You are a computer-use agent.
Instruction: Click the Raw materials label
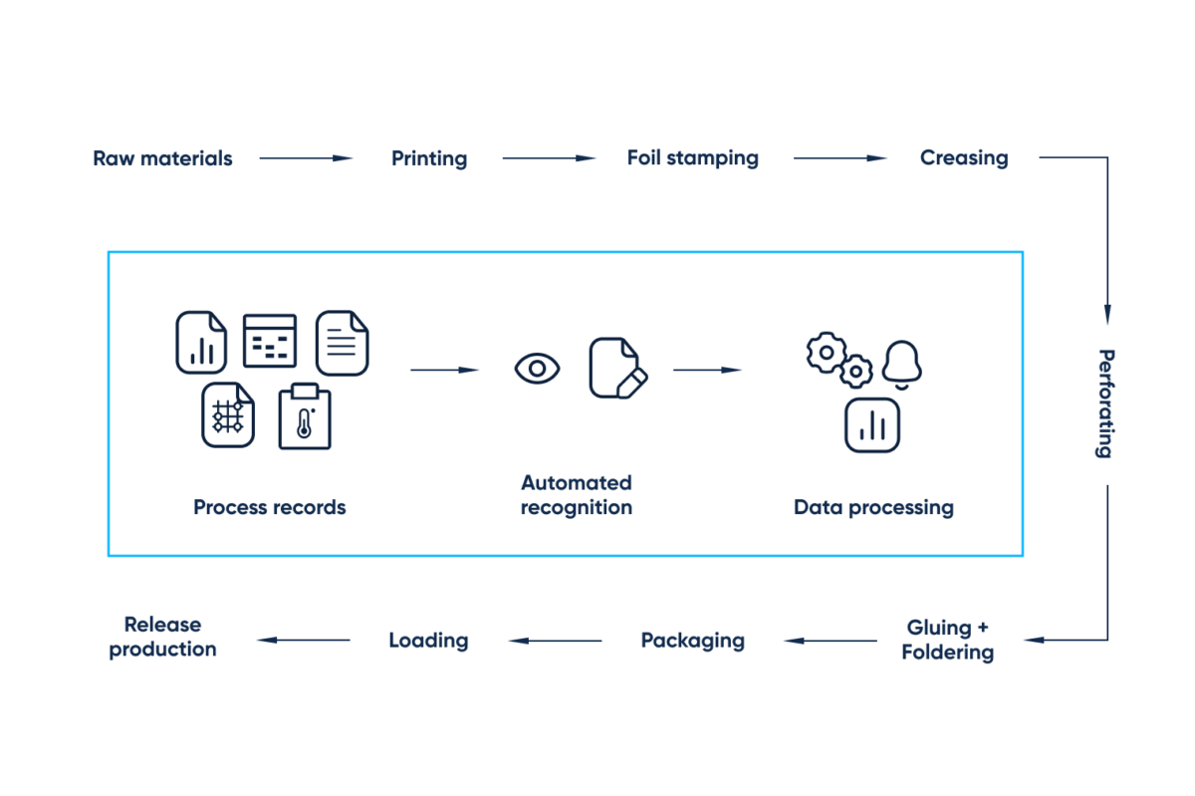[x=162, y=158]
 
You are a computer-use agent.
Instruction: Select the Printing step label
[x=429, y=158]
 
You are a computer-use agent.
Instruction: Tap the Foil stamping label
[x=692, y=157]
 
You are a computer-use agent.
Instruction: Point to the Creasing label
[x=963, y=157]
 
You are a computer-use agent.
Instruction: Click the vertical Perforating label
[x=1105, y=402]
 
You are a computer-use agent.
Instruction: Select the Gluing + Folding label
[x=947, y=640]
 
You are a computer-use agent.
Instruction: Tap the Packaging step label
[x=692, y=640]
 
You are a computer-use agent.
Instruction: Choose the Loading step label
[x=428, y=640]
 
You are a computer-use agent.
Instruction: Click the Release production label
[x=162, y=637]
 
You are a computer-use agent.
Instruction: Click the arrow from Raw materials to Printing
[x=306, y=158]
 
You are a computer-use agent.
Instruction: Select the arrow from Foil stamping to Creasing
[x=839, y=157]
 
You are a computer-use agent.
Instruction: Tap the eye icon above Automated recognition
[x=537, y=369]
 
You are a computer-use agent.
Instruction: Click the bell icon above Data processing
[x=901, y=363]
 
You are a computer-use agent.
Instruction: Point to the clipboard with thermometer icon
[x=304, y=416]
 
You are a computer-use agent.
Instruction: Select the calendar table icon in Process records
[x=270, y=341]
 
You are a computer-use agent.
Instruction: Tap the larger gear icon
[x=827, y=351]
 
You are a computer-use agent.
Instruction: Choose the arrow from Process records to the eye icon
[x=444, y=370]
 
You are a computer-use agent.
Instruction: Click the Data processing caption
[x=872, y=507]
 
